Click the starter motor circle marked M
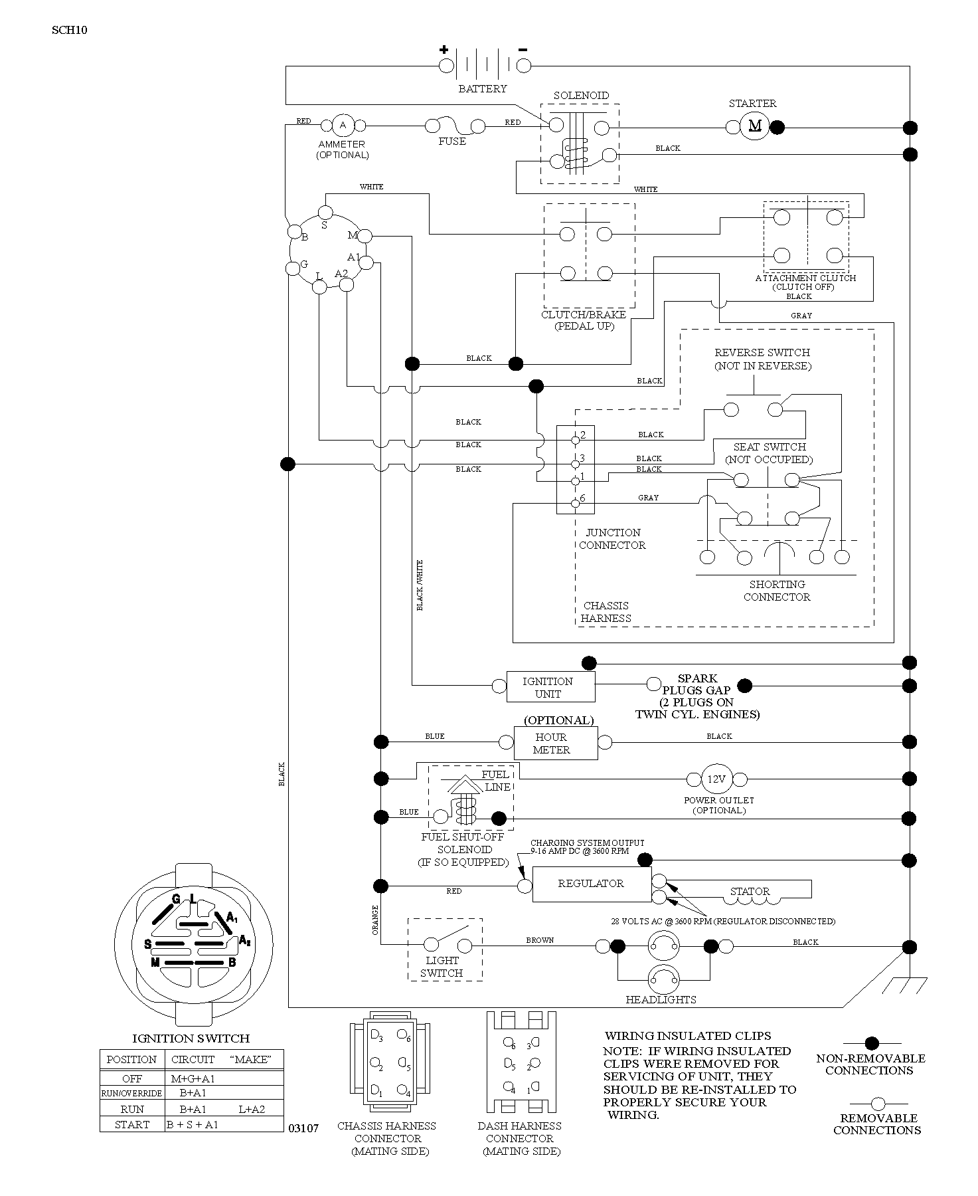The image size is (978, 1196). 755,126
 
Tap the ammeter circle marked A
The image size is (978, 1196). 343,125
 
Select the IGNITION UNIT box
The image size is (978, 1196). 550,687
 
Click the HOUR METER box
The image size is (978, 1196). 556,743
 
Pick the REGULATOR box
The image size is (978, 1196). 592,884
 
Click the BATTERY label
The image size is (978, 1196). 483,88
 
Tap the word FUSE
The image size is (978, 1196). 452,142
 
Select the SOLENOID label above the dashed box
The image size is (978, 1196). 581,96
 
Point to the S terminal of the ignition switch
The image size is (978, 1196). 325,213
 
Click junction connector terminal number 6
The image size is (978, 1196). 576,503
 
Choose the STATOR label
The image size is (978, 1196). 750,892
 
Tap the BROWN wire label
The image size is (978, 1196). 540,940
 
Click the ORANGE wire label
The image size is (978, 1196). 375,920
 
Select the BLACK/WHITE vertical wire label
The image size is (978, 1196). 420,585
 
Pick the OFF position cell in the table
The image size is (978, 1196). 132,1078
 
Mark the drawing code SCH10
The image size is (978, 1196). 70,30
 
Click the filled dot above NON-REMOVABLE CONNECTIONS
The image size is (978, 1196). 872,1044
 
